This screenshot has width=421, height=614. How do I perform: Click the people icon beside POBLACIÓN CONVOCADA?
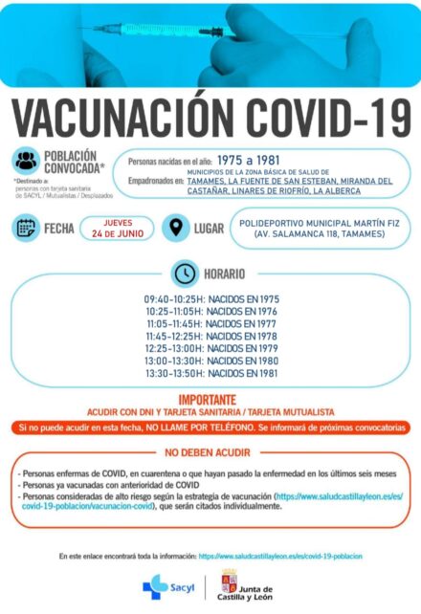click(28, 161)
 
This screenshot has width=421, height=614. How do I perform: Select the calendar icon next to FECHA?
click(26, 228)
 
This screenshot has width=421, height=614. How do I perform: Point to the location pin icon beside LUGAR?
click(175, 229)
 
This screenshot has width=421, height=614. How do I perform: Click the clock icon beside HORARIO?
click(184, 273)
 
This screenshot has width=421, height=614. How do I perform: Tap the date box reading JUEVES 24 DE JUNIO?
click(118, 229)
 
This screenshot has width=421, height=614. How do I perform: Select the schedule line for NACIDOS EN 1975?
click(211, 297)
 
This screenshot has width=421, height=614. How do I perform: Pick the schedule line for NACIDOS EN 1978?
click(211, 336)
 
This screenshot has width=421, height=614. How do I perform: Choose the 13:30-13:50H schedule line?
click(211, 374)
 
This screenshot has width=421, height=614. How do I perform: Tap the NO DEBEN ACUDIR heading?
click(208, 452)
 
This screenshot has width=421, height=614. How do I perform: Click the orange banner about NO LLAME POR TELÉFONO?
click(210, 427)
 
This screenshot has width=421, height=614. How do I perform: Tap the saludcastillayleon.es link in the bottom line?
click(280, 556)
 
